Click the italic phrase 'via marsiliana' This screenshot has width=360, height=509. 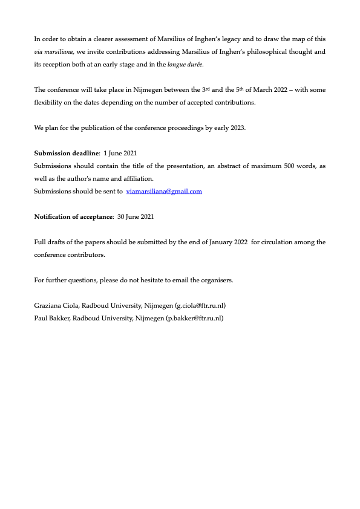point(54,51)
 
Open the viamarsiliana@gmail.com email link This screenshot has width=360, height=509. point(164,191)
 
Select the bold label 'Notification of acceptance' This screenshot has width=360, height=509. point(73,216)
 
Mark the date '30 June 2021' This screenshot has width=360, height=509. point(136,216)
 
